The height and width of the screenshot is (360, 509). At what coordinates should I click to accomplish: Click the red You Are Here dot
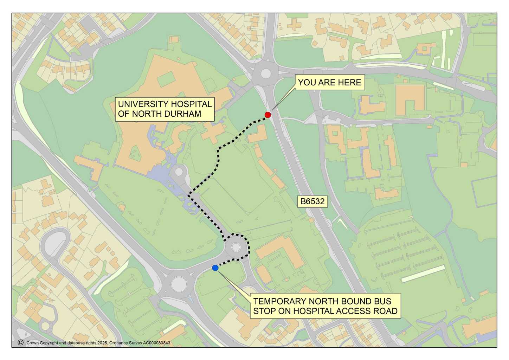pos(268,115)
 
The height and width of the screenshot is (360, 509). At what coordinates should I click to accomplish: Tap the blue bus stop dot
pos(215,268)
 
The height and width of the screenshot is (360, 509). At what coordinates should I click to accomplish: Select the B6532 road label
pos(312,201)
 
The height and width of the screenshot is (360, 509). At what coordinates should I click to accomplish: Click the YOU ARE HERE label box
pos(329,82)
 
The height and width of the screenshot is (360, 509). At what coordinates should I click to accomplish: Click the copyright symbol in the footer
pos(20,342)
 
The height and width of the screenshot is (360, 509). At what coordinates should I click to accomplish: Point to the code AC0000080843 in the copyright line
pos(157,343)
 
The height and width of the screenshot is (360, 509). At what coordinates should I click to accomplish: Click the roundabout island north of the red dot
pos(266,73)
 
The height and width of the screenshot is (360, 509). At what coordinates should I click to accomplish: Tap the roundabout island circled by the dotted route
pos(236,247)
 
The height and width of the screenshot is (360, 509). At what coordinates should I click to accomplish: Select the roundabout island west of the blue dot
pos(179,283)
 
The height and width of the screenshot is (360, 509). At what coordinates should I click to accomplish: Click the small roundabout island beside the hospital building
pos(179,172)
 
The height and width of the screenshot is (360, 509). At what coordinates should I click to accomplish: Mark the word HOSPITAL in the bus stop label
pos(313,311)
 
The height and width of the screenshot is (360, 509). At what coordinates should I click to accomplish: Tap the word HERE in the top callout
pos(349,82)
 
